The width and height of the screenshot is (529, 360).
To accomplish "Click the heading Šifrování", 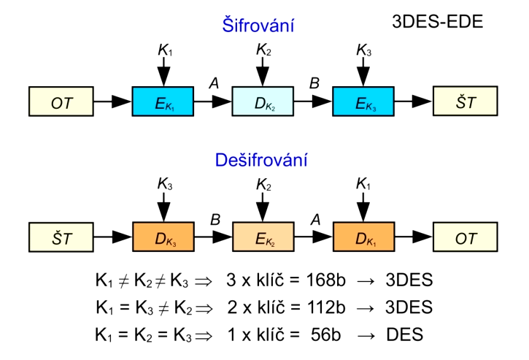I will (258, 26).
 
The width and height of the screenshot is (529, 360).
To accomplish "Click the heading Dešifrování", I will (261, 159).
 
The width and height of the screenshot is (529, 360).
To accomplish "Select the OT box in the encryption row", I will (62, 102).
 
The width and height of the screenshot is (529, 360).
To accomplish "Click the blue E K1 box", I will (163, 102).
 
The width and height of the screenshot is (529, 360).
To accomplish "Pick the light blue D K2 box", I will (263, 102).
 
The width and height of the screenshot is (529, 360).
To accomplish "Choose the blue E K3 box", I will (363, 102).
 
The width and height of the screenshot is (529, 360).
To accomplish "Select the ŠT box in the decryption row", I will (62, 237).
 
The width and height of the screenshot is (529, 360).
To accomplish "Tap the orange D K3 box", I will (163, 237).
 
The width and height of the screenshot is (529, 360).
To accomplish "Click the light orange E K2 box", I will (263, 237).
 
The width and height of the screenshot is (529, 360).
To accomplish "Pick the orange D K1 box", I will (363, 237).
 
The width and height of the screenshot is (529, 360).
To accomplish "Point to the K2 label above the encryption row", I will (263, 50).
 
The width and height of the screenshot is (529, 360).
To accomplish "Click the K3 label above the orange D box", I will (163, 184).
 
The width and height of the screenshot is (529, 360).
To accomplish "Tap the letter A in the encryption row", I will (213, 83).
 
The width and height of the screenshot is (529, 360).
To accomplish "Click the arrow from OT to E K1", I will (114, 102).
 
